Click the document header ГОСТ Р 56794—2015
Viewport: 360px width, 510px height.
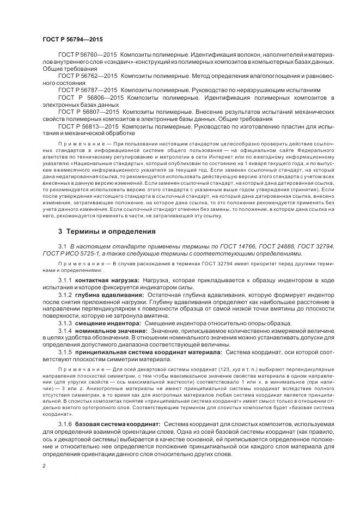click(72, 40)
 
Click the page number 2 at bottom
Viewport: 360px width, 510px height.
click(44, 466)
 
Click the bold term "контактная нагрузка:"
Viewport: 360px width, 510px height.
click(107, 280)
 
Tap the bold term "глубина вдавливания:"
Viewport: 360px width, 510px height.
click(108, 294)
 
